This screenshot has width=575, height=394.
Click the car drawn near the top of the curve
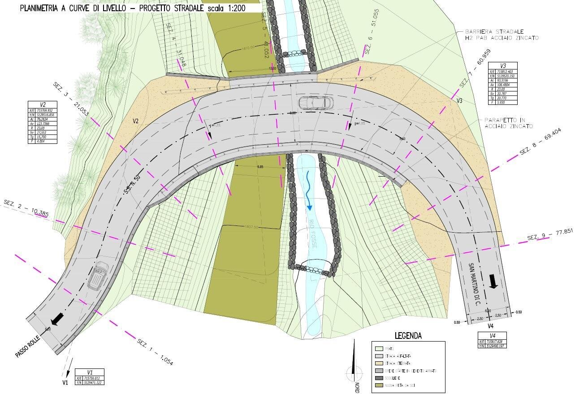(x=316, y=103)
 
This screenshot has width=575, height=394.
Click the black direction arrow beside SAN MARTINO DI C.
(x=493, y=281)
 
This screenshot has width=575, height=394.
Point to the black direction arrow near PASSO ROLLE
(x=57, y=319)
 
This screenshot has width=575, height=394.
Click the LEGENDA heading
(x=408, y=335)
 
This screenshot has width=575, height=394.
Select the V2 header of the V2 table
(x=43, y=104)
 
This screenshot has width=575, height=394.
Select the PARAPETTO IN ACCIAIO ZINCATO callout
(x=508, y=123)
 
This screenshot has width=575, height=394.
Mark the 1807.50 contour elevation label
(x=251, y=227)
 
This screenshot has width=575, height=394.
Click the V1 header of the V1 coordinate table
(x=90, y=372)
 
